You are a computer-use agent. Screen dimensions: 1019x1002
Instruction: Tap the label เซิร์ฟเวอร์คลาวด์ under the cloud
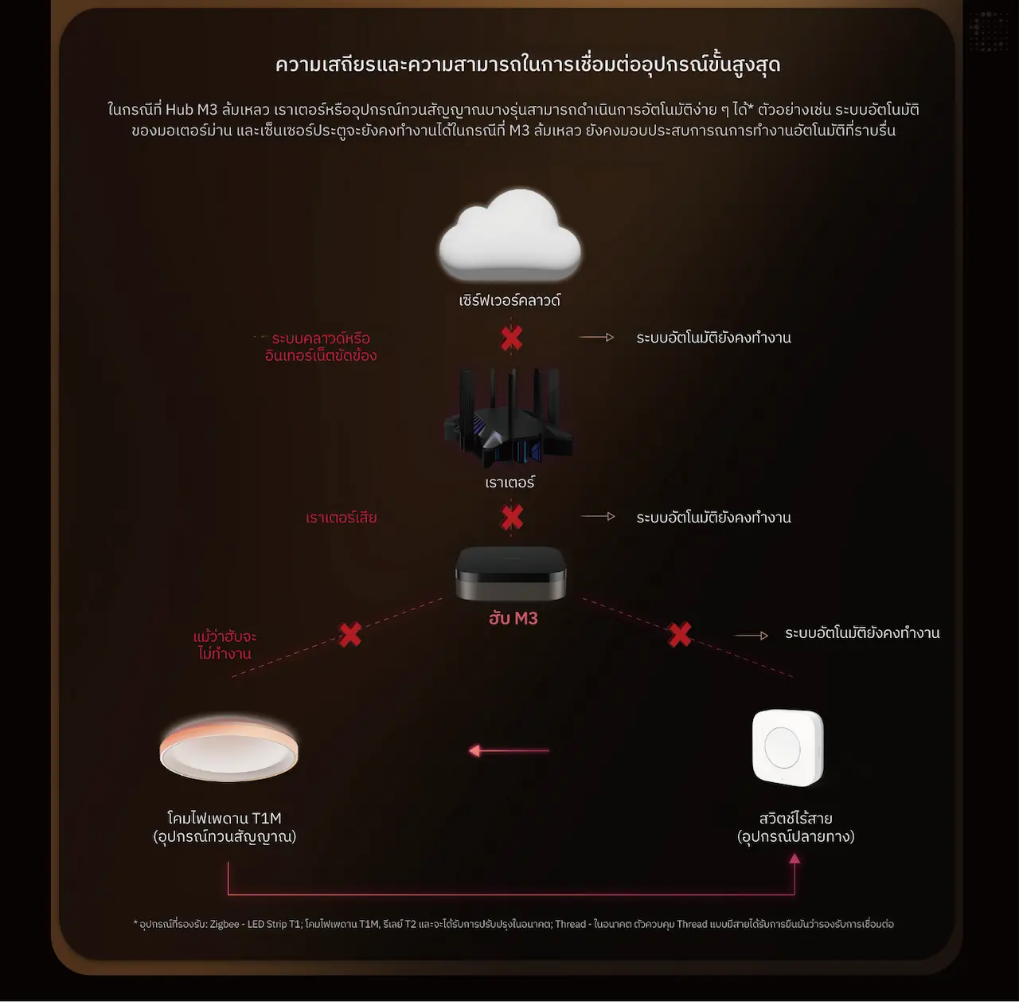pos(509,300)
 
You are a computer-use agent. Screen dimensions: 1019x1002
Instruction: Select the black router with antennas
pos(509,418)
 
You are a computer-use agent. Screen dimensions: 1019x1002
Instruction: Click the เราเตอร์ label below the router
pos(509,483)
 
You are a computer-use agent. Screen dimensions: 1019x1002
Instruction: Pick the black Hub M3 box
pos(511,574)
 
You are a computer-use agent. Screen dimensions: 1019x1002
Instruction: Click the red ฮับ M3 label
pos(513,618)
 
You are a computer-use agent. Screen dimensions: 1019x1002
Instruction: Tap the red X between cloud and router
pos(511,339)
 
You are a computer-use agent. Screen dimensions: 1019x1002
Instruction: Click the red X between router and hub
pos(512,517)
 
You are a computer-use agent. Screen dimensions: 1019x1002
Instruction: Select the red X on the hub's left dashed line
pos(350,635)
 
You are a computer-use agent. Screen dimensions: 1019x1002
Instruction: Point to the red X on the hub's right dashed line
pos(680,635)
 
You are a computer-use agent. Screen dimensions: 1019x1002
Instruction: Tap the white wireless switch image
pos(788,748)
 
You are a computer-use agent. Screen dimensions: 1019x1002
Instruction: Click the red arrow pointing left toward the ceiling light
pos(509,750)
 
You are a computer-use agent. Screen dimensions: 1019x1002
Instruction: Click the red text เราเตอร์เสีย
pos(341,518)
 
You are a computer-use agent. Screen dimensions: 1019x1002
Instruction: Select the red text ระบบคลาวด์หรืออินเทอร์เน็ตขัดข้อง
pos(321,346)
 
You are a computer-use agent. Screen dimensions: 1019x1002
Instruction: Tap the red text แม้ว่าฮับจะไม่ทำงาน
pos(224,644)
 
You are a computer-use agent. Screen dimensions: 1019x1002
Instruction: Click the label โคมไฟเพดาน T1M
pos(224,818)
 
